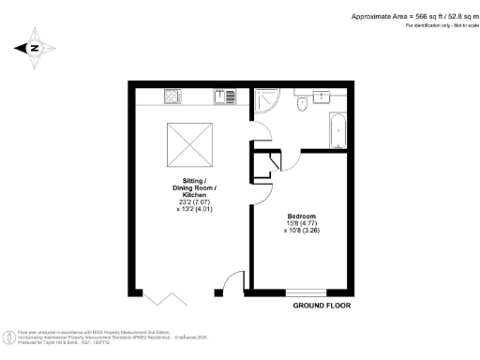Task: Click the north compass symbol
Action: tap(33, 49)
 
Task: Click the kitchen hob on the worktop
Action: tap(173, 95)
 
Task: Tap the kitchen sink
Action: tap(227, 95)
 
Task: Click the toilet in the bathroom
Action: tap(301, 106)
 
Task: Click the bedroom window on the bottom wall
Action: tap(306, 291)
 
